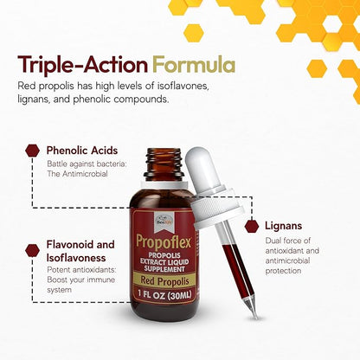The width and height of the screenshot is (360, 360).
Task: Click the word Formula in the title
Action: click(x=194, y=65)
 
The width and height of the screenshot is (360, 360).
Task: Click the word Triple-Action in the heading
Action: click(x=83, y=65)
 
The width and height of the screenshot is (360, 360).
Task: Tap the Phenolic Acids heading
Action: click(x=82, y=151)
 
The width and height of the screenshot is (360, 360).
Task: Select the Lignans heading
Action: click(x=284, y=226)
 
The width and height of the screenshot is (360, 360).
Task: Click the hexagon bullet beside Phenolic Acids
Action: click(x=32, y=151)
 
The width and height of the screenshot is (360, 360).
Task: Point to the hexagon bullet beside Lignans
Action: click(x=252, y=227)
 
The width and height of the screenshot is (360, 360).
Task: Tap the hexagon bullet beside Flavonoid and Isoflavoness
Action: click(x=32, y=250)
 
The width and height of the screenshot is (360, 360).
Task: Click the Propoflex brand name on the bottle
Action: click(x=164, y=241)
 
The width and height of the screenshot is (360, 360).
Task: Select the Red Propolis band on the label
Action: click(x=164, y=281)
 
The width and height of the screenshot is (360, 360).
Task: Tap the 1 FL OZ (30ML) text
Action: click(x=164, y=295)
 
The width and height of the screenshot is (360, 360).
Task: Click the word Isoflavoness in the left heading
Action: click(x=76, y=258)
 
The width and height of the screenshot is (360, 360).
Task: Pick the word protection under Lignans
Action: click(x=283, y=271)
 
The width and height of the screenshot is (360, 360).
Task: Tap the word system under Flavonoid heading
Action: click(x=59, y=290)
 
